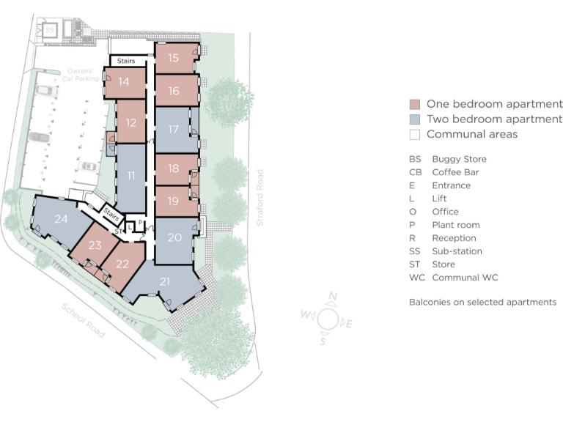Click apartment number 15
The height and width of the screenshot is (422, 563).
click(x=174, y=58)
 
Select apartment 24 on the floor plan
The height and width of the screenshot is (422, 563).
click(x=62, y=218)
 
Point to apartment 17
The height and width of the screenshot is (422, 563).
click(x=174, y=130)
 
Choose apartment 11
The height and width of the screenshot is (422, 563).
click(x=131, y=176)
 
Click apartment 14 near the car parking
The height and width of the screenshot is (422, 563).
click(x=124, y=82)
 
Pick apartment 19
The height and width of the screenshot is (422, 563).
click(x=174, y=201)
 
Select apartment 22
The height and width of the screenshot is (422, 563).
click(x=122, y=265)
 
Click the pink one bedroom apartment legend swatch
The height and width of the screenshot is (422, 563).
click(x=414, y=104)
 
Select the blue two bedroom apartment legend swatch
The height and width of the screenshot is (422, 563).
click(x=414, y=119)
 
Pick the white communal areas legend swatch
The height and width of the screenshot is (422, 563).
click(x=414, y=135)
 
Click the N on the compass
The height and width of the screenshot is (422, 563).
click(x=334, y=297)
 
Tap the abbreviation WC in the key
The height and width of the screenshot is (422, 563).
click(x=416, y=278)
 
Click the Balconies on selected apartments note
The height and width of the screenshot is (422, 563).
click(x=482, y=302)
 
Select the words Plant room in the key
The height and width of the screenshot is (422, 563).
click(x=455, y=225)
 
